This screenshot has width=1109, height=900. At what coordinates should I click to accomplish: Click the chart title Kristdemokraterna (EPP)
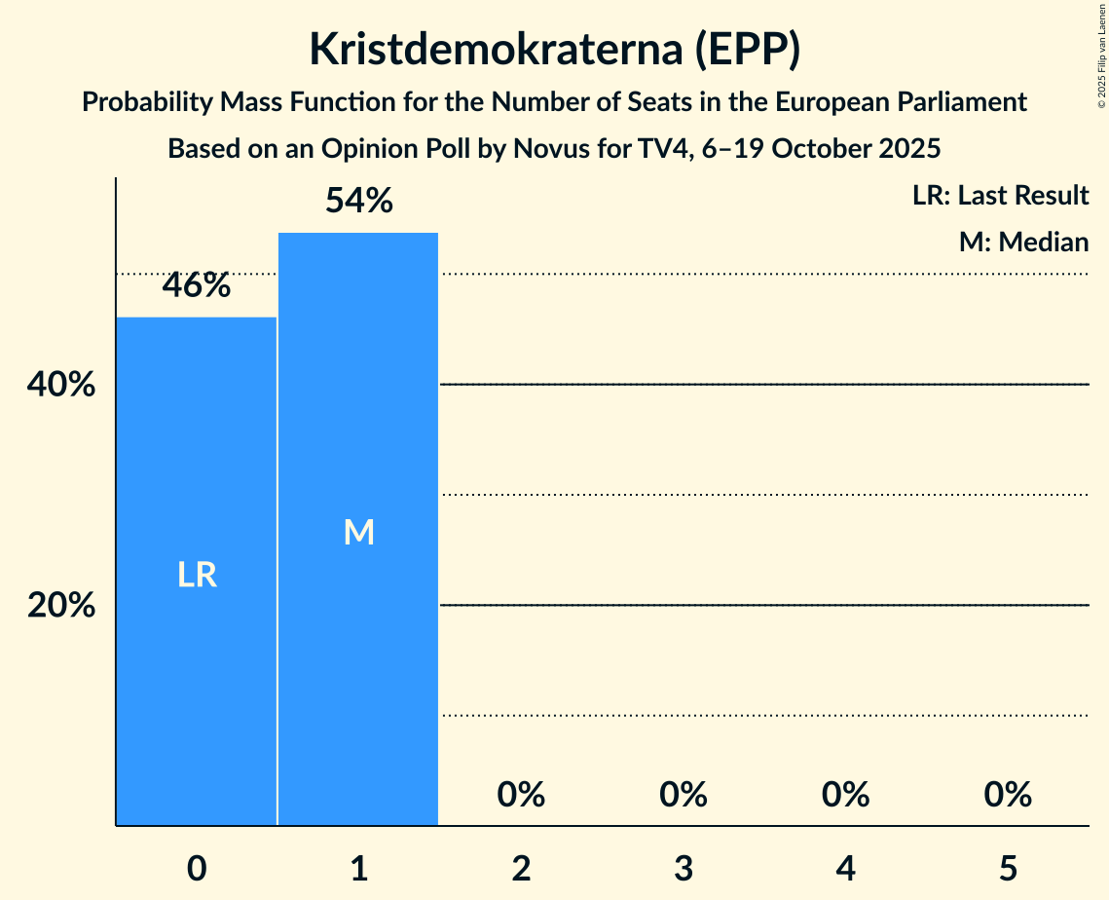[x=554, y=50]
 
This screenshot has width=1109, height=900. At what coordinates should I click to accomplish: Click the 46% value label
[x=197, y=285]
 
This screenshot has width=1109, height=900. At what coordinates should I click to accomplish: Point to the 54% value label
[x=358, y=202]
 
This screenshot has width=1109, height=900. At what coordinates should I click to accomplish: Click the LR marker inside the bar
[x=197, y=576]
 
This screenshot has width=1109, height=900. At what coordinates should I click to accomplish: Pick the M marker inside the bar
[x=358, y=532]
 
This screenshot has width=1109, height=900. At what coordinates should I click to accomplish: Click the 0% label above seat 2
[x=521, y=795]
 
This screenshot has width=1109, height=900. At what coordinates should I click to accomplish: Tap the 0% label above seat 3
[x=683, y=795]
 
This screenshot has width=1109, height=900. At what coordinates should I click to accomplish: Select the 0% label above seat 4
[x=845, y=795]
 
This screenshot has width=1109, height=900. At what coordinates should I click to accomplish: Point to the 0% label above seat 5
[x=1007, y=795]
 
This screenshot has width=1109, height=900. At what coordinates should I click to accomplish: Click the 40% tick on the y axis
[x=61, y=386]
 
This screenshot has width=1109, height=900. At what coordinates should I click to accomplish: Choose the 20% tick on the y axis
[x=61, y=606]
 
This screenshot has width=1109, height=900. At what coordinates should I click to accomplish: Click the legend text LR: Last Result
[x=1000, y=196]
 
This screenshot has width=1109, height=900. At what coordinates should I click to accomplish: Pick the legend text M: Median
[x=1023, y=242]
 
